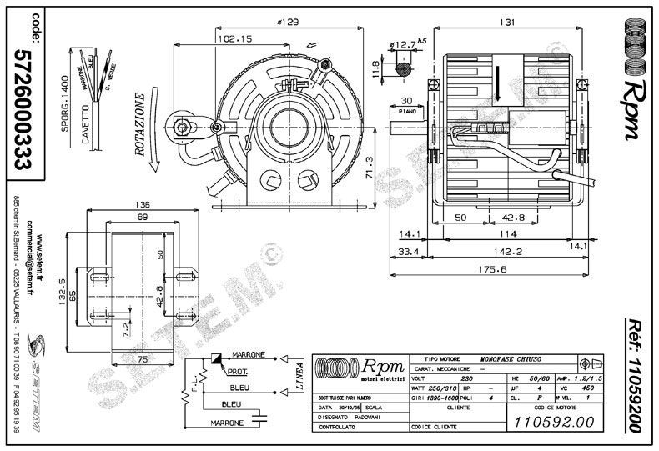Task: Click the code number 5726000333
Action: [x=26, y=108]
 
